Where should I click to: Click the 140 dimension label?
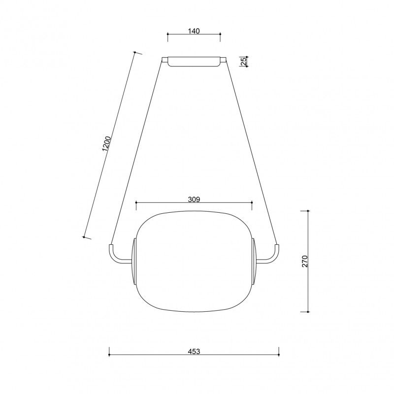click(194, 31)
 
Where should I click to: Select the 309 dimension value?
click(194, 199)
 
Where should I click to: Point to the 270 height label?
click(305, 261)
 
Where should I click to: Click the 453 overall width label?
click(194, 352)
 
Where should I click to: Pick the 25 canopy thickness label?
click(243, 61)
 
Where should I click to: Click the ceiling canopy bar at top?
click(194, 62)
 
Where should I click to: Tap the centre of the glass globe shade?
click(194, 261)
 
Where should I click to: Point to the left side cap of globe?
click(133, 262)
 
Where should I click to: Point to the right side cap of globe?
click(254, 262)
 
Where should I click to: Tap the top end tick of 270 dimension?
click(308, 211)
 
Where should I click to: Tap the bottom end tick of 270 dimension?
click(308, 311)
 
